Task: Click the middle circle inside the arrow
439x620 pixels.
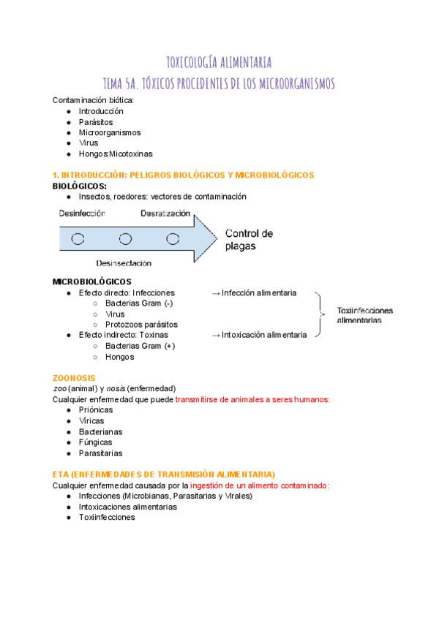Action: tap(125, 238)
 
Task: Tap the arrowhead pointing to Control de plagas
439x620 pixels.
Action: tap(206, 238)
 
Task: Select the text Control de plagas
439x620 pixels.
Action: tap(249, 240)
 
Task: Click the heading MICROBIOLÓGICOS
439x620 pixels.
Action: tap(92, 281)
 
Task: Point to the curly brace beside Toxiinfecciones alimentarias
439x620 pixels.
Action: tap(320, 314)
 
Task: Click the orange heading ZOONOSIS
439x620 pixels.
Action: tap(74, 378)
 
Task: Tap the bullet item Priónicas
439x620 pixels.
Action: tap(96, 410)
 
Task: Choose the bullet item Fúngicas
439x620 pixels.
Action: tap(95, 442)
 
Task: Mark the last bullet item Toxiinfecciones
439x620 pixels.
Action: tap(107, 517)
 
